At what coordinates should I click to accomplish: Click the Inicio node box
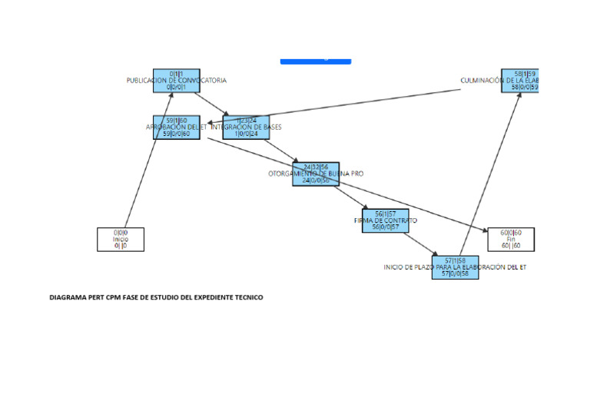click(121, 239)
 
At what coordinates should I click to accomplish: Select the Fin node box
click(511, 239)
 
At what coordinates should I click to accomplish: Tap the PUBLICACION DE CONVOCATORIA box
click(176, 81)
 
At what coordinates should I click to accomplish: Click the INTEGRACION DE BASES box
click(246, 127)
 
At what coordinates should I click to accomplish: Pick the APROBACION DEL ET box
click(176, 127)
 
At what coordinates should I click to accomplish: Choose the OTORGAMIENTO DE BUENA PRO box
click(315, 174)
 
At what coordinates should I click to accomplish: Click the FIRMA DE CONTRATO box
click(386, 220)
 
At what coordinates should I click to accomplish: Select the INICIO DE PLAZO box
click(455, 267)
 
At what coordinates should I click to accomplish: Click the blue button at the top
click(315, 60)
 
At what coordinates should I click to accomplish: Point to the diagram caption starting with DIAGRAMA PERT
click(156, 297)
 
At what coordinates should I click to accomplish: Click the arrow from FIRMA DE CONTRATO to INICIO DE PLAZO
click(420, 243)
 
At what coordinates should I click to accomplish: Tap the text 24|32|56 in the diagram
click(315, 167)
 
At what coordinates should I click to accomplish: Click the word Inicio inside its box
click(121, 239)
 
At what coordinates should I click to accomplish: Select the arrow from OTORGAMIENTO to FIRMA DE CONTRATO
click(350, 197)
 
